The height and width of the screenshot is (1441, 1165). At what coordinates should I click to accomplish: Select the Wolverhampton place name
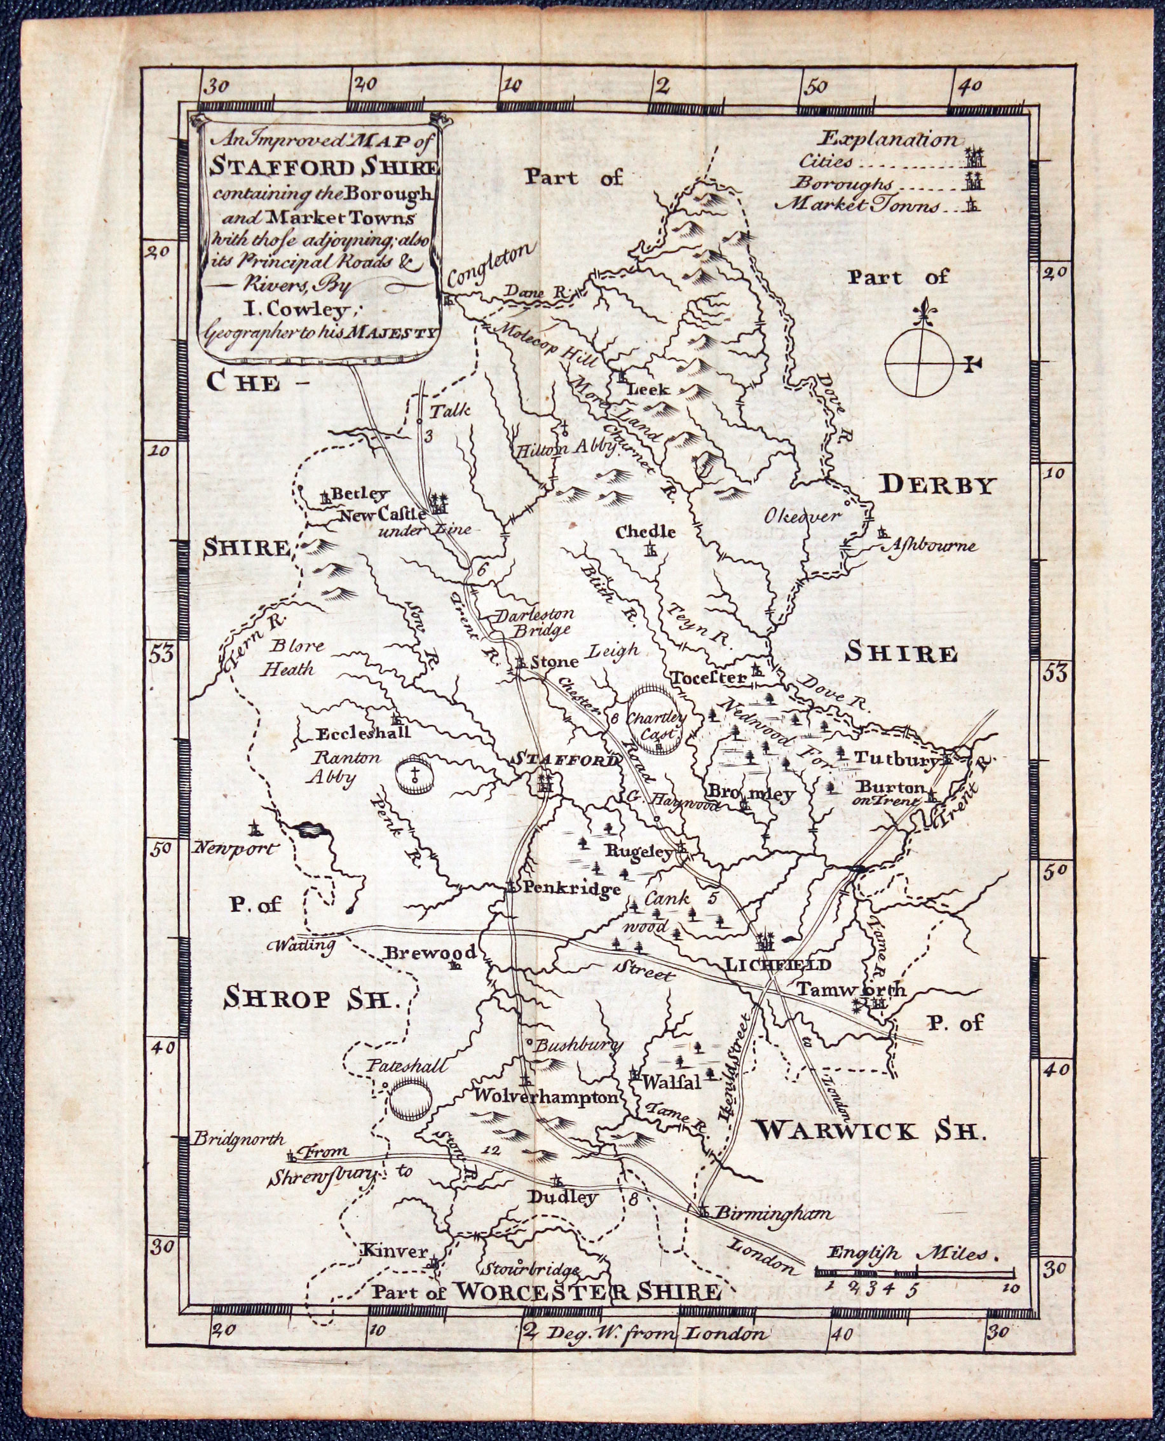(x=545, y=1097)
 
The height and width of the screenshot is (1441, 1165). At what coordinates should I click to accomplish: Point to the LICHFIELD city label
(x=778, y=964)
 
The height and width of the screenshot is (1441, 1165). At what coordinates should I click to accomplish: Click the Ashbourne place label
(x=932, y=545)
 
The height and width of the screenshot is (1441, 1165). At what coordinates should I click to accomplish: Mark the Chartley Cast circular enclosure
(x=656, y=717)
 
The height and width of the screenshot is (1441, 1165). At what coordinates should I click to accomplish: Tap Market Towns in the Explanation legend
(x=857, y=205)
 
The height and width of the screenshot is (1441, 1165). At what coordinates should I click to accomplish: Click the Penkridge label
(x=571, y=890)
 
